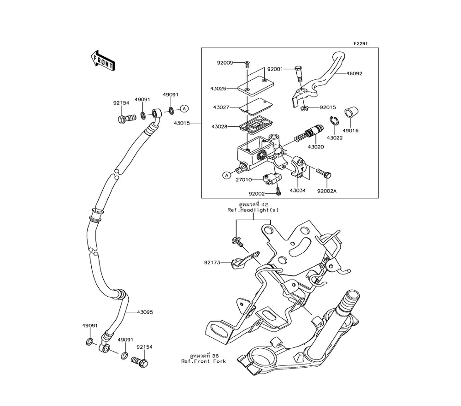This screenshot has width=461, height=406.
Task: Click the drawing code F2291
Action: click(x=361, y=43)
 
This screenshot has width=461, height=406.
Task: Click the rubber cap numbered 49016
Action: click(x=350, y=112)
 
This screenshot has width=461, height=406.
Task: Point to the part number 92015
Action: click(x=328, y=107)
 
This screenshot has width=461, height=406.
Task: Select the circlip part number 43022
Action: click(x=335, y=137)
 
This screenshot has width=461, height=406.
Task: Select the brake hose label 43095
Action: click(x=145, y=312)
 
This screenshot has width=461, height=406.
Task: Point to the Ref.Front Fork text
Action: click(x=203, y=361)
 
